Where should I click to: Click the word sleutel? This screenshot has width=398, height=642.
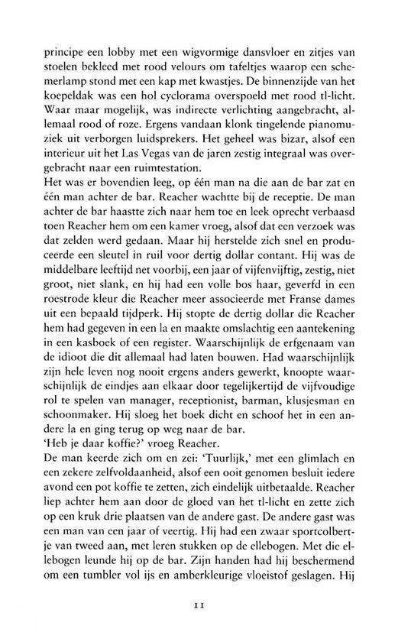point(137,287)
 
